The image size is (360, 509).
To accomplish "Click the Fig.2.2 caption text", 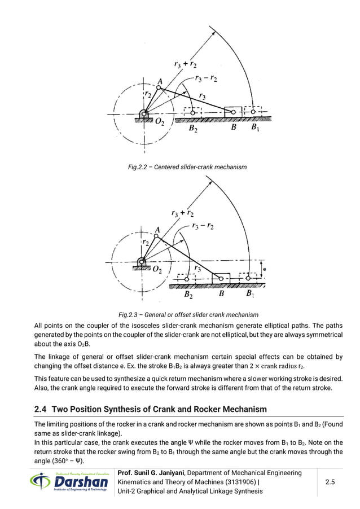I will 179,167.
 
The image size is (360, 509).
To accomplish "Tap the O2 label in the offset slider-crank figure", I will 160,270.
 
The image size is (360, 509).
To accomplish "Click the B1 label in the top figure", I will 255,128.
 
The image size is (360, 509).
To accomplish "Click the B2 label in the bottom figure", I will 190,294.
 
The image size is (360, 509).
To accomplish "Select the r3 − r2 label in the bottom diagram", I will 202,226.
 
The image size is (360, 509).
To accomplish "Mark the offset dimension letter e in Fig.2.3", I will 265,269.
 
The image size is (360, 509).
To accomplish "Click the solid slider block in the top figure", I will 234,112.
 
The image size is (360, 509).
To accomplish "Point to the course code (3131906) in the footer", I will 240,481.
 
